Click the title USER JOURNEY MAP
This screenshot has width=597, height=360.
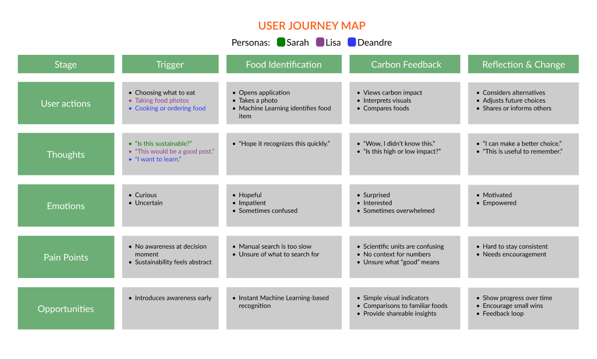click(x=312, y=26)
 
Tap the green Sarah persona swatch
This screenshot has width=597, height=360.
click(x=281, y=42)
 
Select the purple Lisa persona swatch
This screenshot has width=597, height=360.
click(x=320, y=42)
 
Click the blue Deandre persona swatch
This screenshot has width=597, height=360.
click(x=352, y=42)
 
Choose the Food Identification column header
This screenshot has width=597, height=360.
click(x=284, y=65)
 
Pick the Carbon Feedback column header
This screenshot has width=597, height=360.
click(x=406, y=65)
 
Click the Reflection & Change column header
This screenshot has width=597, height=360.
click(x=523, y=65)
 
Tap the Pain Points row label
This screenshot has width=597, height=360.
click(x=66, y=257)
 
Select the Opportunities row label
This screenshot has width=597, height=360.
click(x=66, y=309)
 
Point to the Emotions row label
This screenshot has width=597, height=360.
click(x=66, y=206)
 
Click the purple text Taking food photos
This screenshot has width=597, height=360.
click(x=162, y=100)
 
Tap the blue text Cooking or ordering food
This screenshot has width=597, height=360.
click(x=170, y=108)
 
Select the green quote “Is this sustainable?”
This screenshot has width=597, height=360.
click(x=164, y=143)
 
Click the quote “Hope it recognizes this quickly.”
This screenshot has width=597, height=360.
click(x=284, y=143)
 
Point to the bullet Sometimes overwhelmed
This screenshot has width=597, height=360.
click(x=399, y=211)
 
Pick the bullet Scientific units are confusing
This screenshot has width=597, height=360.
click(x=404, y=247)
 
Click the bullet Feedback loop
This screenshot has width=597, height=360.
click(x=503, y=313)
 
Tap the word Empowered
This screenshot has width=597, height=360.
click(x=499, y=203)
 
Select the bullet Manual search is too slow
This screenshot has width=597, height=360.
click(x=275, y=247)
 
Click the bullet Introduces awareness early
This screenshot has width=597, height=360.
click(x=173, y=298)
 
